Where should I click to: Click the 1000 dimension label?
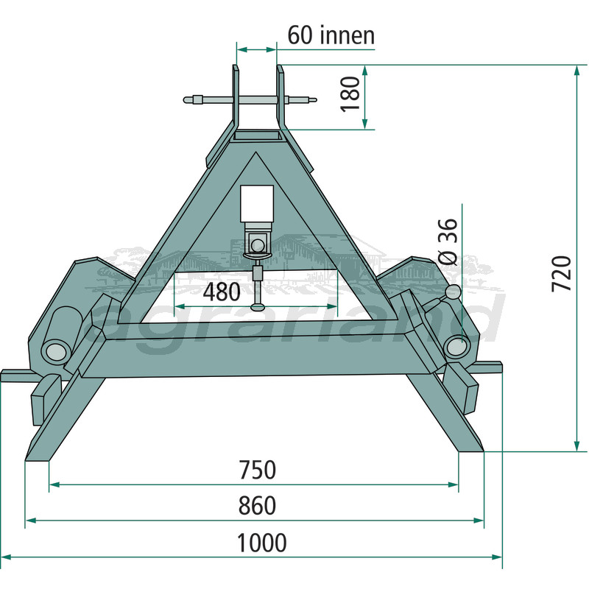[x=261, y=543]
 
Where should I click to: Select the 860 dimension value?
[x=257, y=505]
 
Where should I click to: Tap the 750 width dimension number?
[x=257, y=470]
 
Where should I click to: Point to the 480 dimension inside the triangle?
[x=222, y=292]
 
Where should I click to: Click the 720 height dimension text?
[x=561, y=273]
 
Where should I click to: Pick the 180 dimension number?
[x=350, y=94]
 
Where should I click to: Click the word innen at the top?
[x=348, y=35]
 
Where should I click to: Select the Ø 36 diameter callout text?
[x=448, y=242]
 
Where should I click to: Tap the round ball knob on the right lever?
[x=453, y=292]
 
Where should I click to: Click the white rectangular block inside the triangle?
[x=257, y=203]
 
